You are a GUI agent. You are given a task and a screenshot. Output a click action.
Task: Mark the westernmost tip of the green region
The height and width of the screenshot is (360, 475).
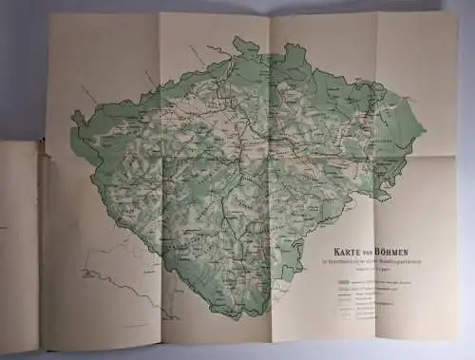(72, 120)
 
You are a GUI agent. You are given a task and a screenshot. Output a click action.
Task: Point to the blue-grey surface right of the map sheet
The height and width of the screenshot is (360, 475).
(460, 190)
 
